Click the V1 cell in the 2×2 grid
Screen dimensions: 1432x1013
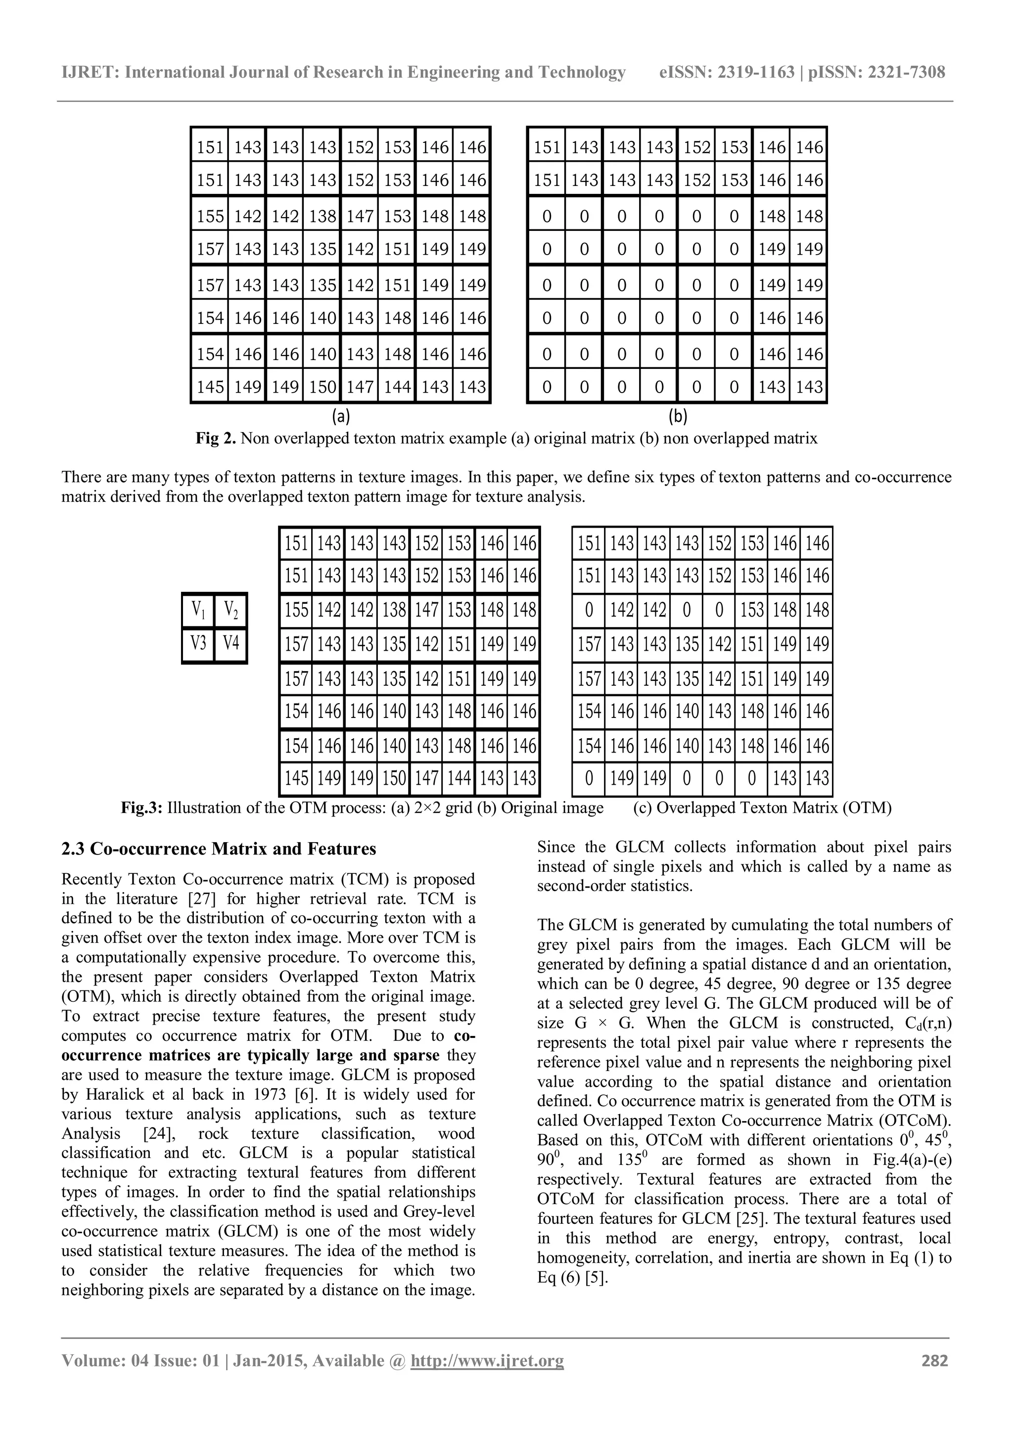point(198,609)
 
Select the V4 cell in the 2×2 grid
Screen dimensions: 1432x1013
point(231,642)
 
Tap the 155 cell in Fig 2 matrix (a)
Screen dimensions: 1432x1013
point(210,217)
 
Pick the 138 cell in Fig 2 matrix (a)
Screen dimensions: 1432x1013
point(322,217)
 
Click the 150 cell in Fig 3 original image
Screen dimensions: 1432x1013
point(394,778)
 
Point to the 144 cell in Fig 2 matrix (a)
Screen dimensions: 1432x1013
point(397,387)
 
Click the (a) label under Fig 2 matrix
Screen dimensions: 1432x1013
point(341,416)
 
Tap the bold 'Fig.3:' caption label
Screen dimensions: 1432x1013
point(141,808)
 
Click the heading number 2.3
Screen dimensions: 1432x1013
point(74,849)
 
